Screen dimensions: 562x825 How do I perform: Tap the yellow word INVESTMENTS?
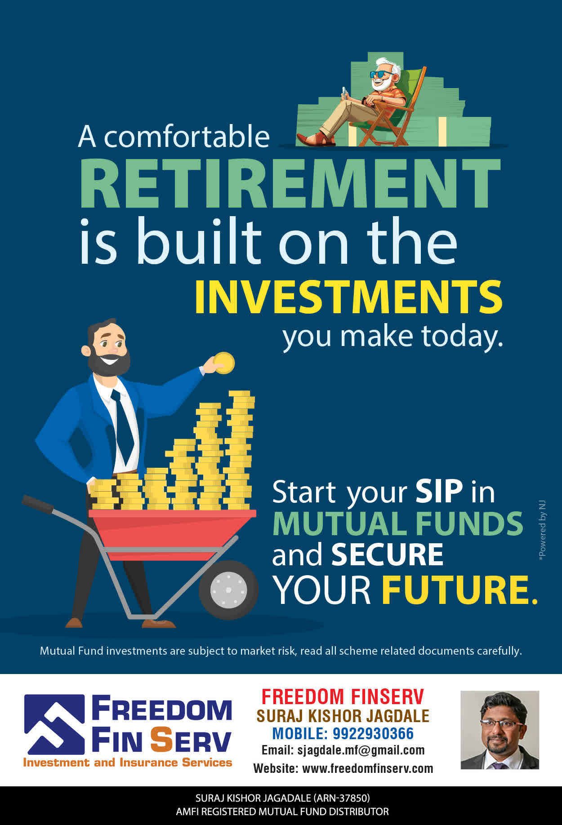click(x=348, y=297)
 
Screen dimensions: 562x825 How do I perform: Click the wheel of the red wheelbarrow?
click(x=228, y=589)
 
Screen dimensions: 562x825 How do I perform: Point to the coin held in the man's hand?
click(x=224, y=363)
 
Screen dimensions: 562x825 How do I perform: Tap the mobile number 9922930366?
click(x=373, y=734)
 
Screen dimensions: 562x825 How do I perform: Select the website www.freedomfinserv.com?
click(x=368, y=768)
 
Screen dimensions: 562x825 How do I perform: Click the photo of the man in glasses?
click(x=500, y=730)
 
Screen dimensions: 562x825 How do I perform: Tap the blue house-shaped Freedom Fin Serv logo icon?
click(x=54, y=724)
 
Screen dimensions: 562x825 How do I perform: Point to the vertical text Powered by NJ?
click(x=542, y=530)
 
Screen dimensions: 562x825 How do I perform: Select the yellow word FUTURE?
click(x=459, y=590)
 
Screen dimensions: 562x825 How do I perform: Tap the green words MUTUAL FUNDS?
click(x=398, y=523)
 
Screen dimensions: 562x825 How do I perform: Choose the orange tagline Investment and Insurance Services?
click(x=128, y=763)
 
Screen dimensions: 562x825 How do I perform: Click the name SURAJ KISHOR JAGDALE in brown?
click(x=343, y=716)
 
